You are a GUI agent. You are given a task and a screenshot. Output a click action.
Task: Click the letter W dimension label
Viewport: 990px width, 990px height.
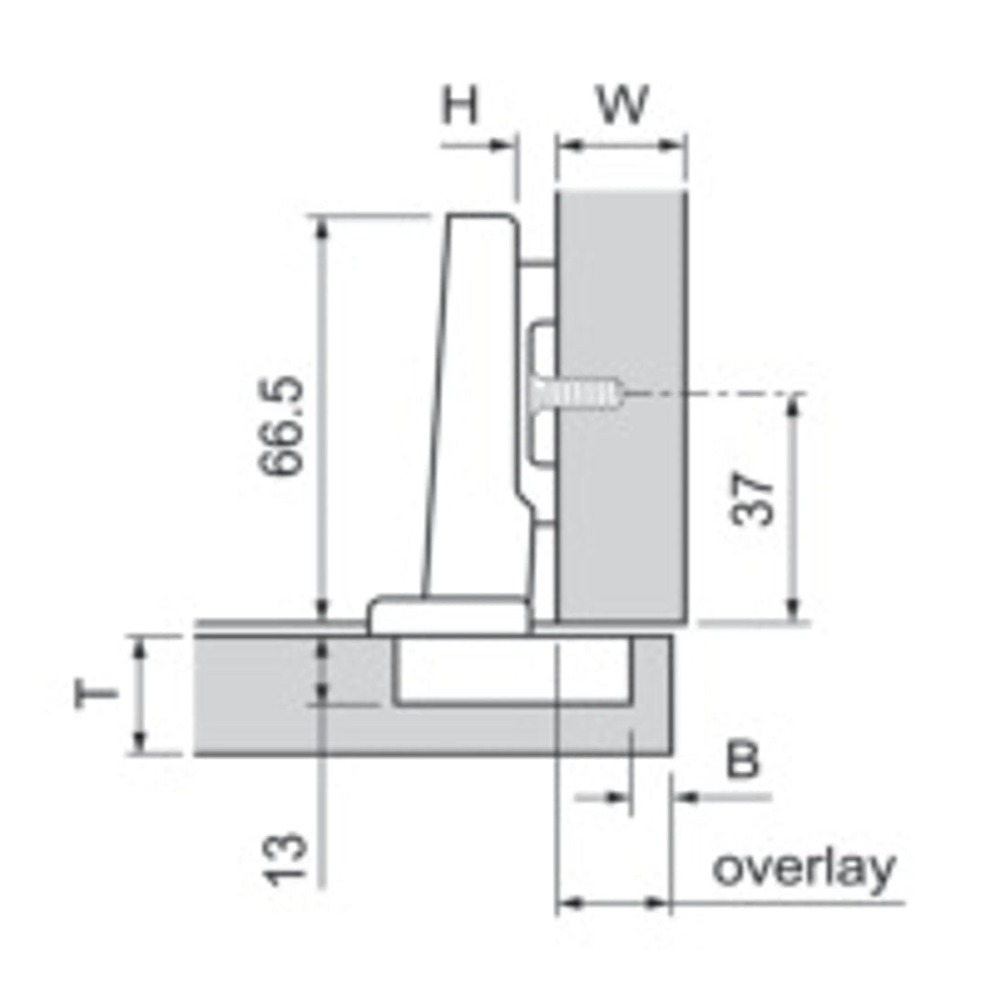[x=622, y=104]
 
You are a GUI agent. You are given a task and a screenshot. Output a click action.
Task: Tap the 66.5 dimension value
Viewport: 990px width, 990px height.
[x=281, y=425]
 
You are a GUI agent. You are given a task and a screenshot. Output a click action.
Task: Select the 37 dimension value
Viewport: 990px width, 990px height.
[x=752, y=498]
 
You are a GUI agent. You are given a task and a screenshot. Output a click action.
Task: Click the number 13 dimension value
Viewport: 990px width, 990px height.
[x=285, y=860]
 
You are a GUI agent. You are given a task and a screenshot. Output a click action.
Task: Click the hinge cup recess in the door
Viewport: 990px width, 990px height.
[x=511, y=669]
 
